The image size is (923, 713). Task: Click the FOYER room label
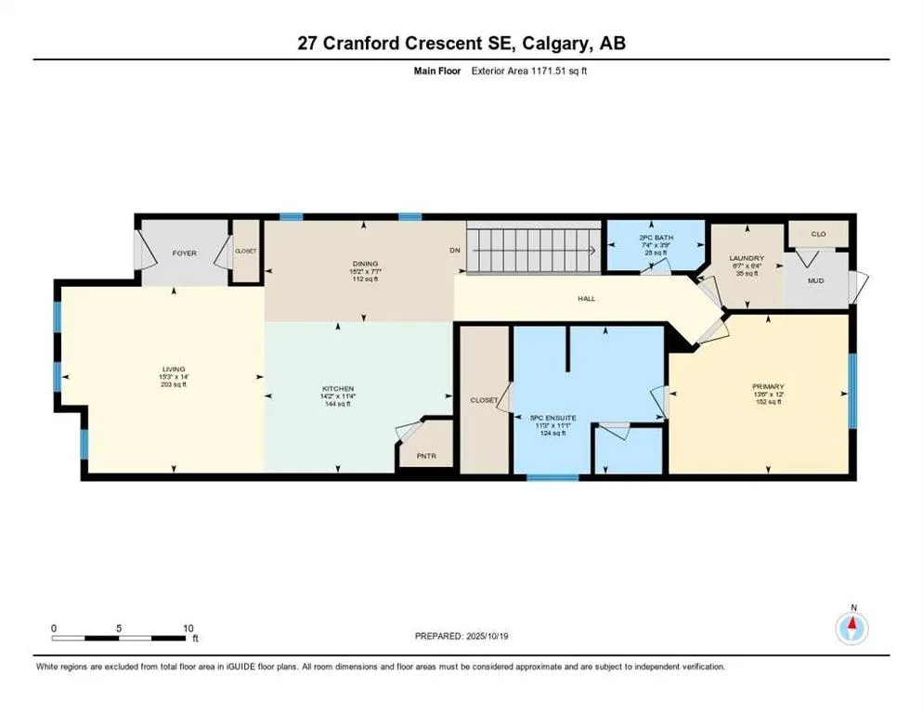coord(184,253)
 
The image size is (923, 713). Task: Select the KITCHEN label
coord(339,388)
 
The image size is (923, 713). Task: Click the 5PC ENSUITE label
coord(547,418)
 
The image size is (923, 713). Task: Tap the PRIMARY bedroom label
coord(769,386)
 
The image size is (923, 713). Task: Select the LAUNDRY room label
coord(747,258)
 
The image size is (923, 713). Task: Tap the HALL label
coord(586,298)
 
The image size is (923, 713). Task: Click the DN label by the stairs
coord(454,250)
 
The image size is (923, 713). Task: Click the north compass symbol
coord(852,628)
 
